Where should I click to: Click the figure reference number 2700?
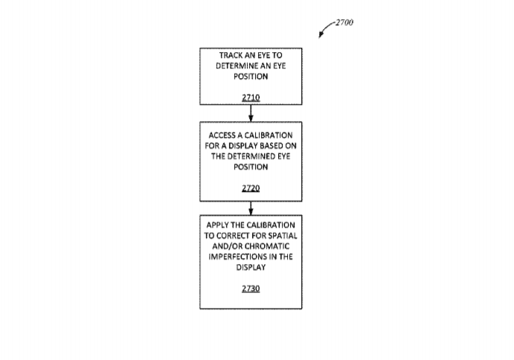(x=344, y=22)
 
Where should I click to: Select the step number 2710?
(x=251, y=97)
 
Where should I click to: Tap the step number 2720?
(x=251, y=188)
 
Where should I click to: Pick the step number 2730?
(x=251, y=289)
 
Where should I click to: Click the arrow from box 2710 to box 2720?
(x=251, y=114)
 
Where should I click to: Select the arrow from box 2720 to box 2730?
(x=251, y=208)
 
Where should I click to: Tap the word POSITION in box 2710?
(x=251, y=77)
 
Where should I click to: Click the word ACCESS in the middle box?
(x=222, y=135)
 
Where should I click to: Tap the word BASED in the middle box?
(x=270, y=146)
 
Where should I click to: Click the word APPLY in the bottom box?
(x=216, y=225)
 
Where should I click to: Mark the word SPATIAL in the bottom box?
(x=283, y=236)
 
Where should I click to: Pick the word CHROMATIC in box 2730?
(x=267, y=246)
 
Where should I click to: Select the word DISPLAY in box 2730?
(x=251, y=268)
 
